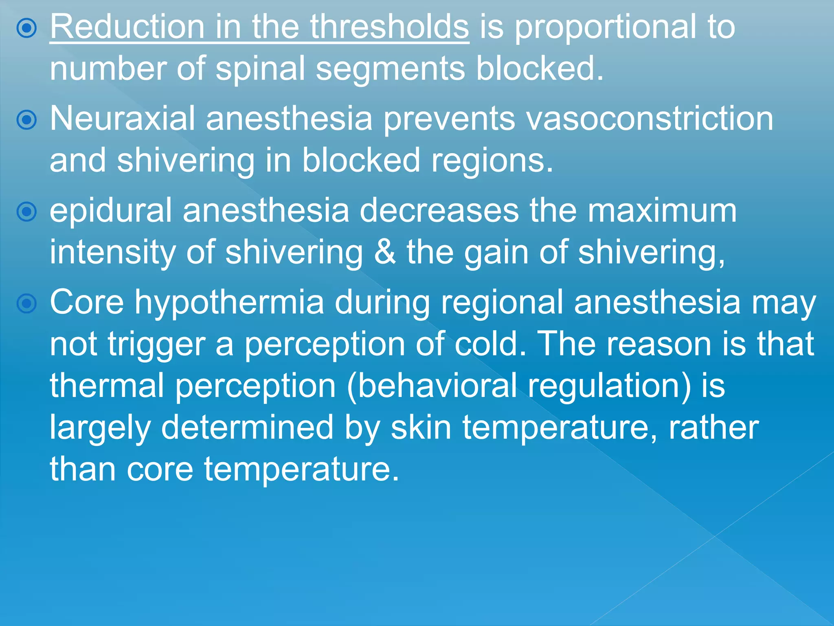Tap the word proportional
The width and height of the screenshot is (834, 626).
pyautogui.click(x=606, y=28)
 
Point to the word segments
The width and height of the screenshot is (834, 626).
pyautogui.click(x=390, y=69)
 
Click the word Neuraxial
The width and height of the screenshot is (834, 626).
pyautogui.click(x=122, y=119)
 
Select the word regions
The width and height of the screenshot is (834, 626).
pyautogui.click(x=492, y=161)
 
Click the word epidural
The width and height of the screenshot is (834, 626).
pyautogui.click(x=111, y=211)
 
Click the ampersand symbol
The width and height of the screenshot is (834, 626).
pyautogui.click(x=384, y=252)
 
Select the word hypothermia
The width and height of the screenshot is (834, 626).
pyautogui.click(x=229, y=303)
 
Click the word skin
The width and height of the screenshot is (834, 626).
pyautogui.click(x=421, y=428)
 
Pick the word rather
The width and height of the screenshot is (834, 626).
pyautogui.click(x=713, y=428)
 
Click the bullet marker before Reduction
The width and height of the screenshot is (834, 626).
pyautogui.click(x=27, y=28)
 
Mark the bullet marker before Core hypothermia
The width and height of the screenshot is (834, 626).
pyautogui.click(x=27, y=304)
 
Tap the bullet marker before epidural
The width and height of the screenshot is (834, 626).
pyautogui.click(x=27, y=212)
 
